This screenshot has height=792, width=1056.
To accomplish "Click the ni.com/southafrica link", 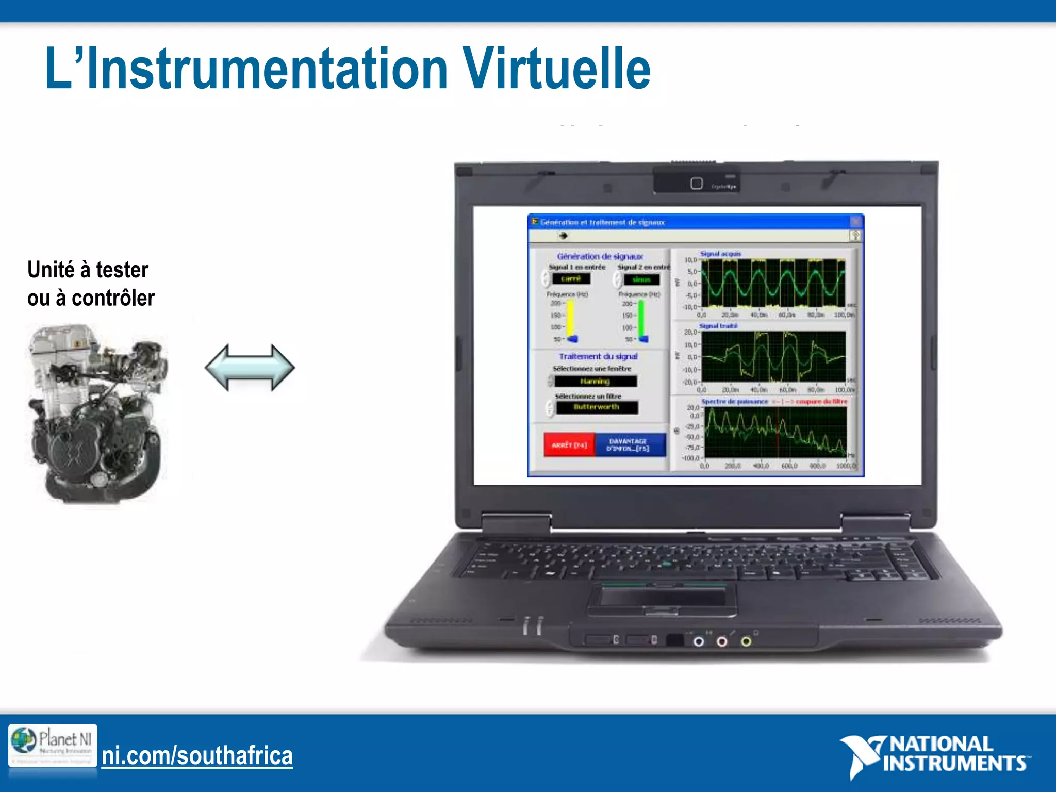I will click(197, 756).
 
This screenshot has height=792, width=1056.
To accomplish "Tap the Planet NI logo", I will click(53, 745).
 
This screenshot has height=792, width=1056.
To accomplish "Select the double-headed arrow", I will click(250, 368).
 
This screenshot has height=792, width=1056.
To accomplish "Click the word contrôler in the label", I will click(113, 298).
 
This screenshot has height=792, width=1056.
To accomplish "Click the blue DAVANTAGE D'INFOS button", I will click(629, 445).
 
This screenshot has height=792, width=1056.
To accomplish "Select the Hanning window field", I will click(595, 382).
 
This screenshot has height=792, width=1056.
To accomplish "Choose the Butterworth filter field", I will click(597, 407).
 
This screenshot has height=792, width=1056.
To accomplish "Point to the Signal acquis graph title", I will click(720, 254).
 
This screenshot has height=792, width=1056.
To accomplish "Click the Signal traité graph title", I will click(718, 326).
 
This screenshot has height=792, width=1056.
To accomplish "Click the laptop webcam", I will click(696, 184).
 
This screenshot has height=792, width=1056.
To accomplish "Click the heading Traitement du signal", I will click(598, 356).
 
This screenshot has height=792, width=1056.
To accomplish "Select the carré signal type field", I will click(571, 279).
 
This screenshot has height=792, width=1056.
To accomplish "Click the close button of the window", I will click(855, 222).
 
